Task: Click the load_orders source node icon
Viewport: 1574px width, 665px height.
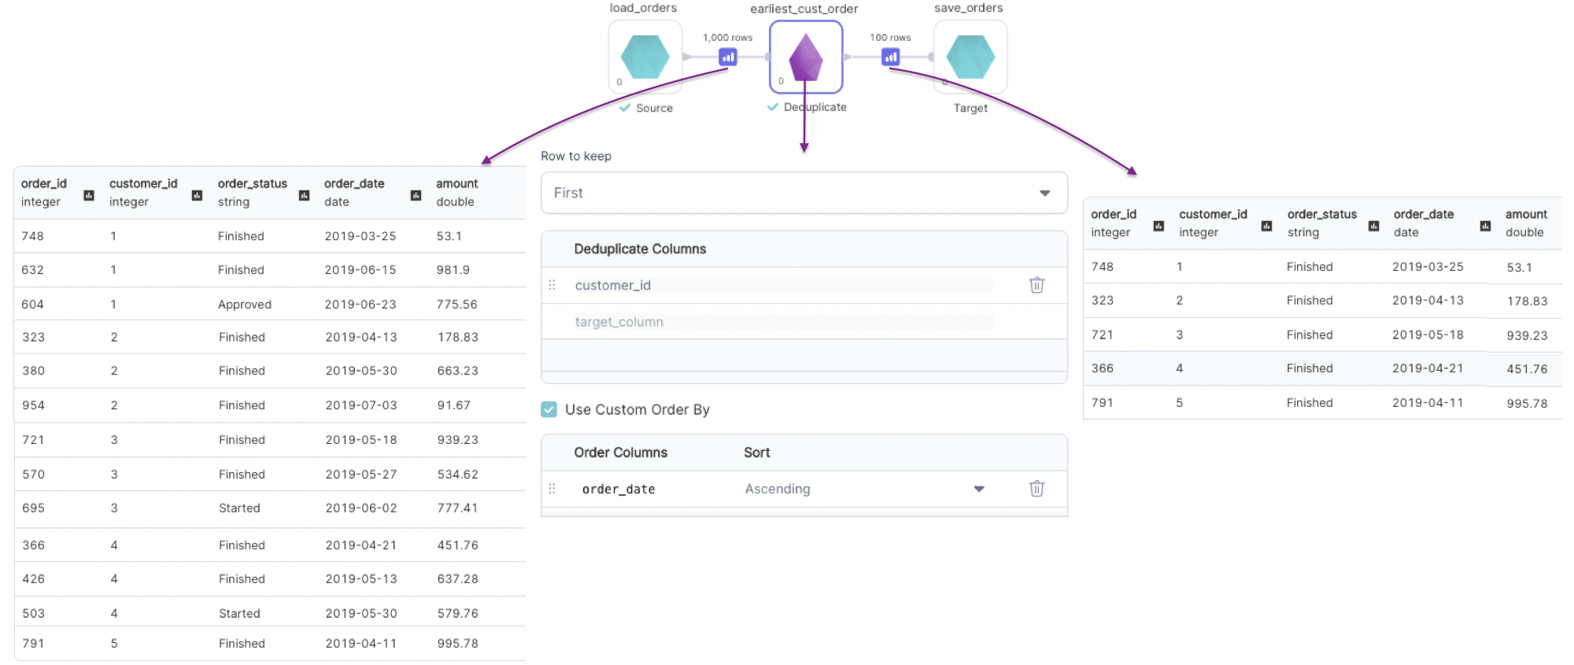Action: [645, 57]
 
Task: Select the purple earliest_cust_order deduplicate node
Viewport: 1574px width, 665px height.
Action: [805, 57]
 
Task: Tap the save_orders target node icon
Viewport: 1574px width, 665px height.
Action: [970, 57]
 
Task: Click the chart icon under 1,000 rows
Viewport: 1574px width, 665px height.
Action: [728, 57]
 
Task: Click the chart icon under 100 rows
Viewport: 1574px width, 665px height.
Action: [890, 57]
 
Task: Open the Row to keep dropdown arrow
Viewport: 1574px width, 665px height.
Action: [1044, 193]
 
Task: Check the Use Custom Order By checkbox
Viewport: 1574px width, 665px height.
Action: [549, 409]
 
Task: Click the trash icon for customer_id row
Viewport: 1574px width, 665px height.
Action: [1036, 285]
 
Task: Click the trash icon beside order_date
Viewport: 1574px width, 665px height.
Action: [1036, 489]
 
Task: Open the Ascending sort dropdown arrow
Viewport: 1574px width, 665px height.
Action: [979, 489]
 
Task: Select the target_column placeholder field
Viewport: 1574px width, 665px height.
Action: [619, 322]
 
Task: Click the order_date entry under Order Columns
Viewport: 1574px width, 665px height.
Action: [619, 490]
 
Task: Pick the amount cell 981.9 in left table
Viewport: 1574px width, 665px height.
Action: [453, 270]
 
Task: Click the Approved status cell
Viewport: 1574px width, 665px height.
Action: [245, 305]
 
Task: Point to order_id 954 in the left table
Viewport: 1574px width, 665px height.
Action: [33, 405]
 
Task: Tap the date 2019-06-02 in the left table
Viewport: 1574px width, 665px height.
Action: [361, 508]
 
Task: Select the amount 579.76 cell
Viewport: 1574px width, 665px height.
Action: [458, 613]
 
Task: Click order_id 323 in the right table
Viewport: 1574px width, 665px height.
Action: [1103, 301]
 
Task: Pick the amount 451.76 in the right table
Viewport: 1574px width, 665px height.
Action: [1527, 368]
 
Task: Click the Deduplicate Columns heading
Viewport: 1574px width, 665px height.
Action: [640, 249]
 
